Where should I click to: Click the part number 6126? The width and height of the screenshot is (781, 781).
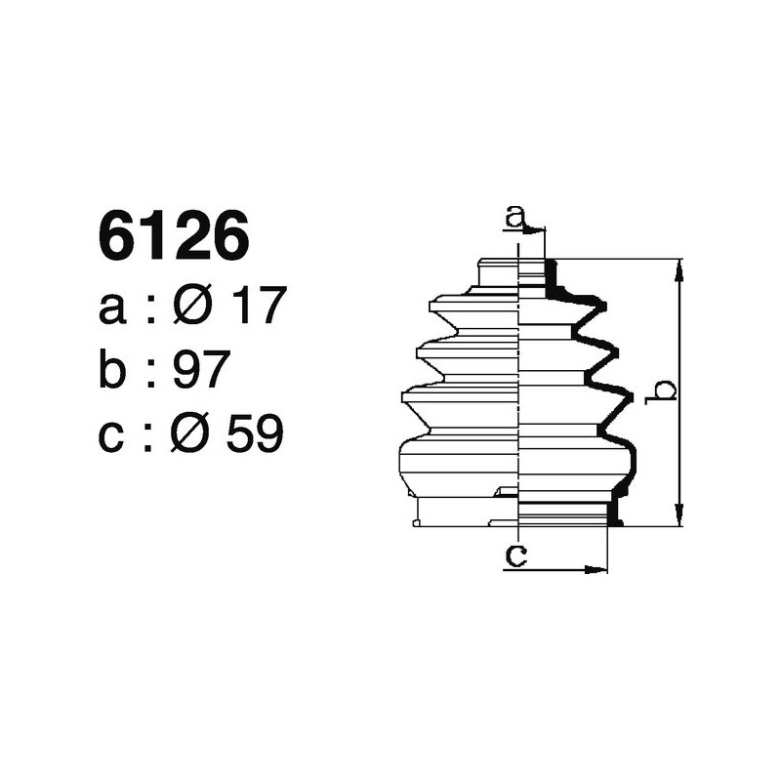[174, 237]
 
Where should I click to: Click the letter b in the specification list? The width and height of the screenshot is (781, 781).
[113, 371]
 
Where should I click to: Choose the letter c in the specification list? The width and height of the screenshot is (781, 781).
[112, 435]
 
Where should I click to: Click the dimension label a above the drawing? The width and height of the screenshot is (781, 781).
[515, 215]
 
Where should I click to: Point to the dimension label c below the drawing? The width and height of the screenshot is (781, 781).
[515, 555]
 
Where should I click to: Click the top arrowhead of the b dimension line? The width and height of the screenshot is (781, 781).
[679, 269]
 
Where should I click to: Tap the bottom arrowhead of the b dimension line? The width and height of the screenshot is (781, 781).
[679, 516]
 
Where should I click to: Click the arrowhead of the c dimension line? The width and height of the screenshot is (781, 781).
[597, 569]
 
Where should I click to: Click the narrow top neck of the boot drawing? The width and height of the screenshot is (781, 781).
[517, 273]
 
